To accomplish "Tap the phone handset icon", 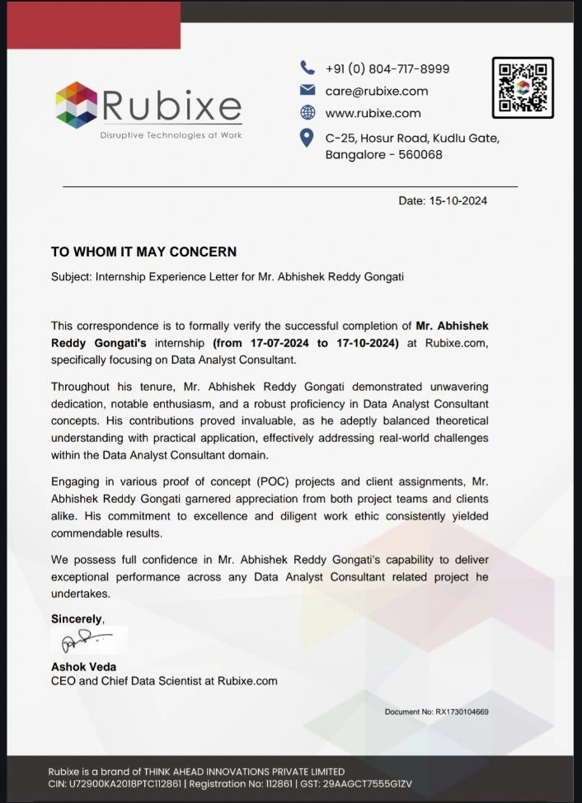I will pos(307,68).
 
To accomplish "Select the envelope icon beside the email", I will pos(307,91).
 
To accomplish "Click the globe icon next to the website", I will pos(307,113).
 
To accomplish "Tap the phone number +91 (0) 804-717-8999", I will pos(387,68).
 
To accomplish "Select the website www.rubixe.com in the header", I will pos(373,113).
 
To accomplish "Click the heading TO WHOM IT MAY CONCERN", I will pos(143,251).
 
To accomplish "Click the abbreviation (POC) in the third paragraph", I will pos(211,482).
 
